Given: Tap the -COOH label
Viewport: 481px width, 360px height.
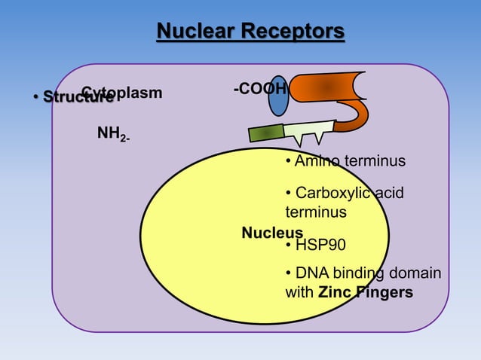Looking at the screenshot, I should point(259,90).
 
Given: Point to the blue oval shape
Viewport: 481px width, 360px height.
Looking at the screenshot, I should point(279,96).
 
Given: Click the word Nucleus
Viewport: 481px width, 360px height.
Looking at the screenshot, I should point(271,233).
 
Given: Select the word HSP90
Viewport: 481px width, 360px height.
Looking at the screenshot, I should point(320,246).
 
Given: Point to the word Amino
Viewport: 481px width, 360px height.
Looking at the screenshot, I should point(317,162).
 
